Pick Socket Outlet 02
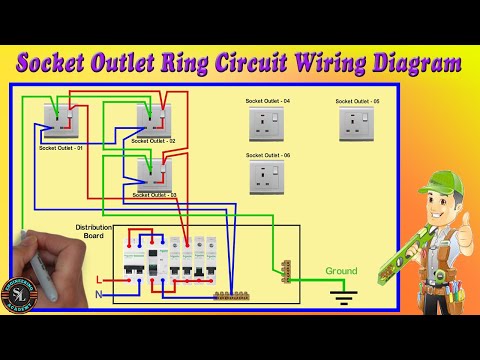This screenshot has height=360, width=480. point(157,118)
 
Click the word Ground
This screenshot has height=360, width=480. point(340,270)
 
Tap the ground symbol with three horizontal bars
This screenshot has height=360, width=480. point(343,294)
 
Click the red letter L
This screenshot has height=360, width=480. point(97,279)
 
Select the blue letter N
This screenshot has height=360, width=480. point(97,294)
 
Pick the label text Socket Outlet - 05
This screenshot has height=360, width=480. point(357,101)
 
